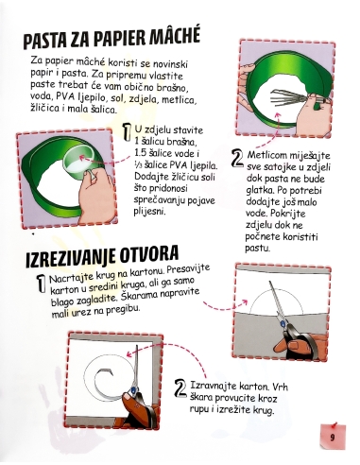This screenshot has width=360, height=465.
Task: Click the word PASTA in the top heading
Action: coord(50,41)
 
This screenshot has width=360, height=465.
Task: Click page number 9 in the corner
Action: coord(334,436)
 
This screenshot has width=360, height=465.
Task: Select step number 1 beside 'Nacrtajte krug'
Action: coord(40,284)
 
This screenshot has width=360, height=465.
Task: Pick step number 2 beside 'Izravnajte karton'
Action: coord(180,387)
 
